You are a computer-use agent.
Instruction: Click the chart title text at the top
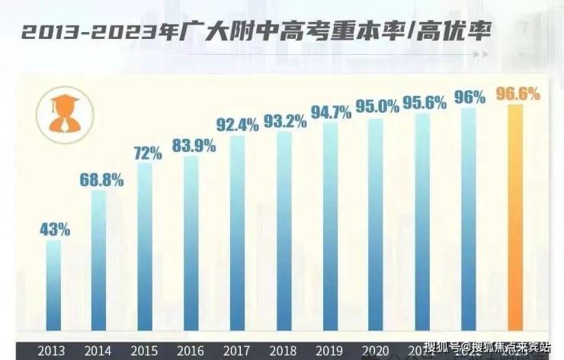256,33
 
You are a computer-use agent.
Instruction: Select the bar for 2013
53,286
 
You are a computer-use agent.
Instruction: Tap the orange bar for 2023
516,221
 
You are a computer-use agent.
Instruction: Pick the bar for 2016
191,244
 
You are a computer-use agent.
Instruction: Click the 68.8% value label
100,181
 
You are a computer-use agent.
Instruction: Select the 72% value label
147,153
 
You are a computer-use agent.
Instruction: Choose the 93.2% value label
285,121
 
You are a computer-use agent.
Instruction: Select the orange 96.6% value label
518,95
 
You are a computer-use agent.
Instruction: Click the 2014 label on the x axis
99,350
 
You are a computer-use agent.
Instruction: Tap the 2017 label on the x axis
238,350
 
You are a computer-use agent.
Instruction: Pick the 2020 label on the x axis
377,350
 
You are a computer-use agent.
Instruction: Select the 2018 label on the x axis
284,350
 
